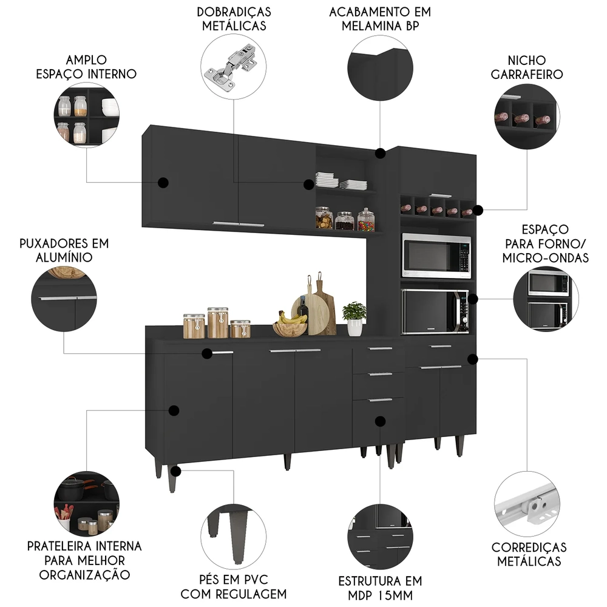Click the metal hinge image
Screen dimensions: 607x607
234,67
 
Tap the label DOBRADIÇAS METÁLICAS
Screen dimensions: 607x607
234,18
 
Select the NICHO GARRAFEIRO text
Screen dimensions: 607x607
527,67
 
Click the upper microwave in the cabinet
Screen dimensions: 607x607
436,256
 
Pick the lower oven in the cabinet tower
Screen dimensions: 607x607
435,311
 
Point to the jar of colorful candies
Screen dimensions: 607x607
365,220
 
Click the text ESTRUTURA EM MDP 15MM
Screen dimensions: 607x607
380,587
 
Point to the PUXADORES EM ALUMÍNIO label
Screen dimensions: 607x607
64,250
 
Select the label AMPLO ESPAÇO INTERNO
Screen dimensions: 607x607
87,67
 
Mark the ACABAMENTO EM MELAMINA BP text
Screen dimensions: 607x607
380,18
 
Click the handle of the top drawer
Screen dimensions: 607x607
380,348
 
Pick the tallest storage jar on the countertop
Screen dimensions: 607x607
217,322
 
